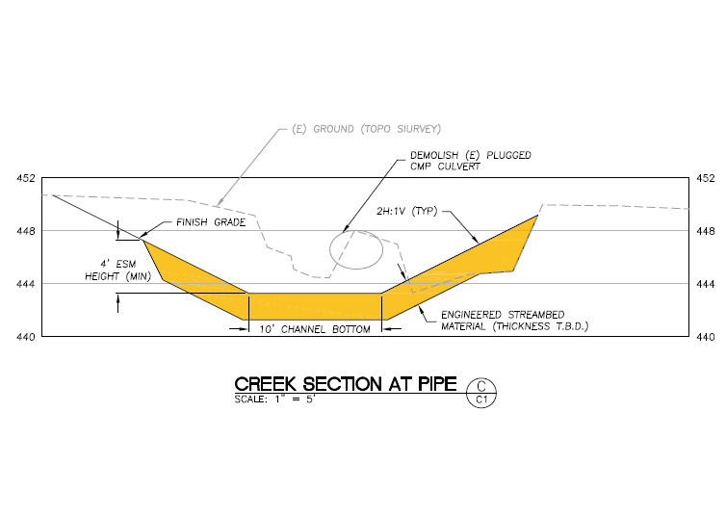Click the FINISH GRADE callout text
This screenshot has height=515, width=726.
click(211, 222)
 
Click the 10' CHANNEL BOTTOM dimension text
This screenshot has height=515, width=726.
click(315, 330)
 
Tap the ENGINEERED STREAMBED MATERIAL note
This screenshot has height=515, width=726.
click(513, 321)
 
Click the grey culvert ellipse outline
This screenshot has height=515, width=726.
click(355, 247)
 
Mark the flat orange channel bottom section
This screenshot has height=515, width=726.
click(315, 306)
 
